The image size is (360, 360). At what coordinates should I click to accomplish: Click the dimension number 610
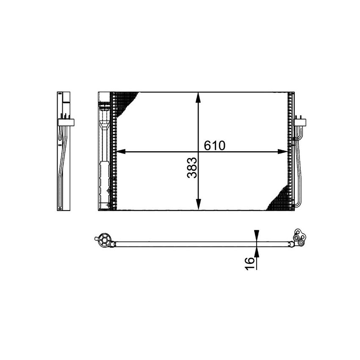[x=215, y=145]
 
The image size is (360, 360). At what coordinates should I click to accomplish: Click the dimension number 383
[x=192, y=168]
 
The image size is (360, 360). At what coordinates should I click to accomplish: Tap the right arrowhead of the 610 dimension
[x=282, y=151]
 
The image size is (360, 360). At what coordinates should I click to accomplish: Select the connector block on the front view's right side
[x=300, y=122]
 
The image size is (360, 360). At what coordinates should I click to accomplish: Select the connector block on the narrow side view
[x=66, y=122]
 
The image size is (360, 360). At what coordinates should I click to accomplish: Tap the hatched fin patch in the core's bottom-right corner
[x=279, y=199]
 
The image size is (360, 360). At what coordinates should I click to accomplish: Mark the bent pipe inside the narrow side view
[x=63, y=169]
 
